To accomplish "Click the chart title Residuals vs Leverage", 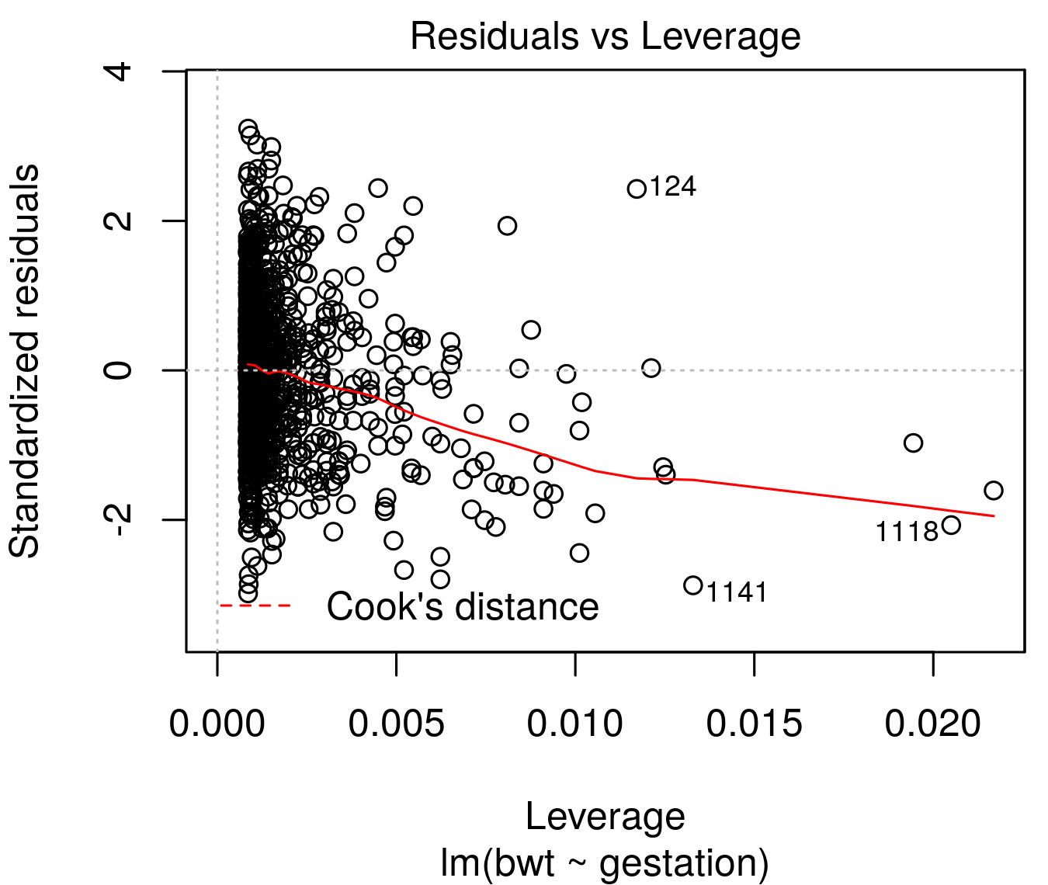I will (605, 36).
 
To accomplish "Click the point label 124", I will (672, 187).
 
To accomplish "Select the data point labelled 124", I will (637, 189).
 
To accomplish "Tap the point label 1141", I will (736, 592).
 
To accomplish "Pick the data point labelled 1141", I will (693, 585).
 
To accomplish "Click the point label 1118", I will (907, 532).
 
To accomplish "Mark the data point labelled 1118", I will (951, 525).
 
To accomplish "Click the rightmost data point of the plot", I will (994, 491).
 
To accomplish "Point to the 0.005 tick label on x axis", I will (396, 724).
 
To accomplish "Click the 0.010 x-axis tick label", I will (574, 724).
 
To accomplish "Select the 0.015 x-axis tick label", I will (754, 724).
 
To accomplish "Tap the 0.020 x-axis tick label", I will (932, 724).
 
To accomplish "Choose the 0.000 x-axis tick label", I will (217, 724).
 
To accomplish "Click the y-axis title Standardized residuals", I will (25, 361).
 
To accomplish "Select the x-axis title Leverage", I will (605, 817).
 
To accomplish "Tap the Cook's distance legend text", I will (462, 606).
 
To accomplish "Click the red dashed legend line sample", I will (255, 606).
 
